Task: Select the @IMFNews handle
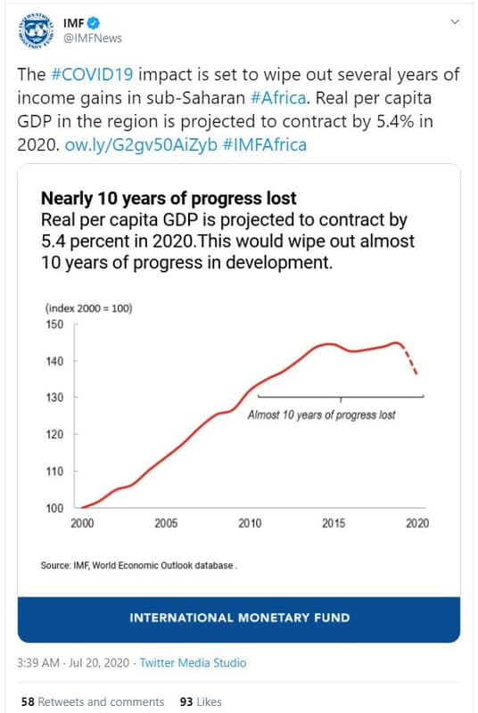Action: (93, 38)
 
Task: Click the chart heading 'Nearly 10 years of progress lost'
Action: (169, 198)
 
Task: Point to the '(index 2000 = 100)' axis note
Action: (88, 308)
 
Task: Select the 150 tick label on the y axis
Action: (54, 324)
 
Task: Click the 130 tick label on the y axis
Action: (54, 397)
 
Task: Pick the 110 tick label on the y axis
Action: (54, 471)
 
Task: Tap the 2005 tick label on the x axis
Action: (166, 524)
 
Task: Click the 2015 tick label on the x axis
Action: (334, 524)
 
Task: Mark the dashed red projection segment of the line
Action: (411, 359)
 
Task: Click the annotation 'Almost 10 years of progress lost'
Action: (321, 415)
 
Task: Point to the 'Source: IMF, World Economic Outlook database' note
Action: (138, 566)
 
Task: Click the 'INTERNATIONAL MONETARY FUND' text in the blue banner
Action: (239, 618)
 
